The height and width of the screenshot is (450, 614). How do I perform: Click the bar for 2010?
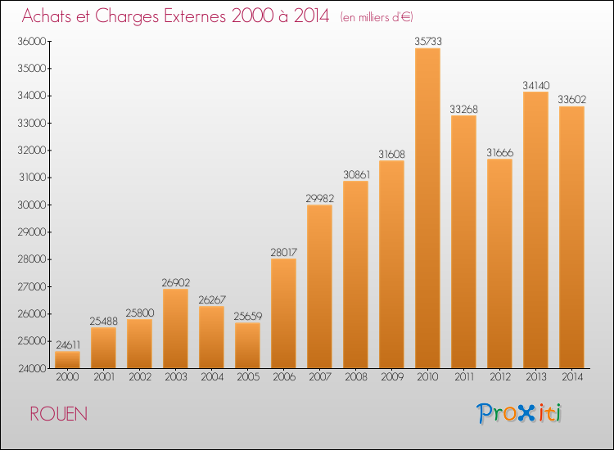tap(427, 208)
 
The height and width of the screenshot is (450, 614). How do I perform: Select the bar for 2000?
tap(67, 360)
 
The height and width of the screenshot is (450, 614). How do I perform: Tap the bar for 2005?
tap(247, 345)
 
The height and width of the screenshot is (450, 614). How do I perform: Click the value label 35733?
tap(427, 40)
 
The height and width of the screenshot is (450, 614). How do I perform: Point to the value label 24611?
tap(67, 344)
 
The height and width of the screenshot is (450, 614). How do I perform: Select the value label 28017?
tap(283, 251)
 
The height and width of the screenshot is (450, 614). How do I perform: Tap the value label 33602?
tap(571, 99)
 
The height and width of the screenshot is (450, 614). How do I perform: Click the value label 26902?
tap(175, 281)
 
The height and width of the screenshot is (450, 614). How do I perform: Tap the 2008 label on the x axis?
tap(355, 377)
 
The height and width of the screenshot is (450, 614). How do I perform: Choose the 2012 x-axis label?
tap(499, 377)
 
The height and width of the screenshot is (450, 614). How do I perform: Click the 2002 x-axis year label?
tap(139, 377)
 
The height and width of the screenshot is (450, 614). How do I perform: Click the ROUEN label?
tap(58, 414)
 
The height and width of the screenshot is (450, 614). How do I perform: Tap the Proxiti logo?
tap(520, 413)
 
